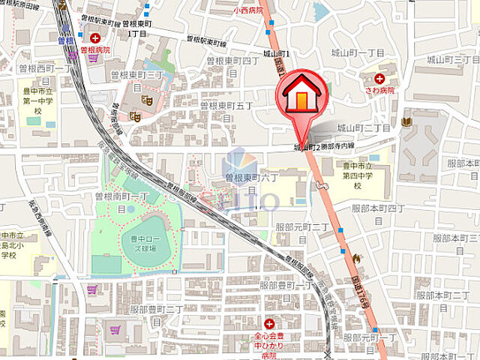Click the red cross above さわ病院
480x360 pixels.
380,78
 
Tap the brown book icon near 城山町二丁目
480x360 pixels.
406,121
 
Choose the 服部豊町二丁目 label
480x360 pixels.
157,309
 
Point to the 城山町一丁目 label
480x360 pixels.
362,53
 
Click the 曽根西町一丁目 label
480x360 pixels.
37,69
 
